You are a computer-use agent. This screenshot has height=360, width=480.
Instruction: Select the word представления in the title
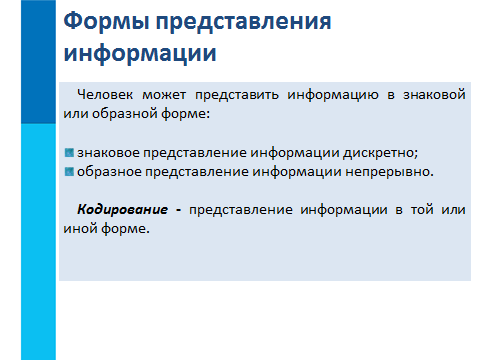tap(244, 23)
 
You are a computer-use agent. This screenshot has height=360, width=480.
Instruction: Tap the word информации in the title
tap(140, 54)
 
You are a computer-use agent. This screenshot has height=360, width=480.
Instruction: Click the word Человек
tap(105, 95)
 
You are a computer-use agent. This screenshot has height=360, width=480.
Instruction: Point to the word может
tap(164, 95)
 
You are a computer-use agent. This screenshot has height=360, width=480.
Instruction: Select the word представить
tap(237, 96)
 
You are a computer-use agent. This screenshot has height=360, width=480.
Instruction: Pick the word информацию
tap(333, 96)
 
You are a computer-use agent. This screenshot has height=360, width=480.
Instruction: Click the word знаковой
tap(434, 95)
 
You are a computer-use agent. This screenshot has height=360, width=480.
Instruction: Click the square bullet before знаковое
tap(69, 153)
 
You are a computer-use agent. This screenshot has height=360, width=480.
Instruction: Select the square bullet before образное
tap(69, 172)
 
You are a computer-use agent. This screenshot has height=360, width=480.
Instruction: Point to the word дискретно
tap(379, 153)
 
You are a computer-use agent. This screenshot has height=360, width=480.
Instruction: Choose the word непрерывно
tap(388, 172)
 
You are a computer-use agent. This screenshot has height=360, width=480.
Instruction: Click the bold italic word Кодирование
tap(122, 210)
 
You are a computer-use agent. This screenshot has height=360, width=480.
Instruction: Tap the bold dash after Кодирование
tap(178, 211)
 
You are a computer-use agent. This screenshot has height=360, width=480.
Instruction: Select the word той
tap(421, 210)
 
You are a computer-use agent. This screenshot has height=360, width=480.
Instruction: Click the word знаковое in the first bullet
tap(108, 153)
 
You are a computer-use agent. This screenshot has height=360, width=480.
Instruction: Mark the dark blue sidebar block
tap(38, 62)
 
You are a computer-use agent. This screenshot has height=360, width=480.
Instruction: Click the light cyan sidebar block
tap(38, 242)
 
